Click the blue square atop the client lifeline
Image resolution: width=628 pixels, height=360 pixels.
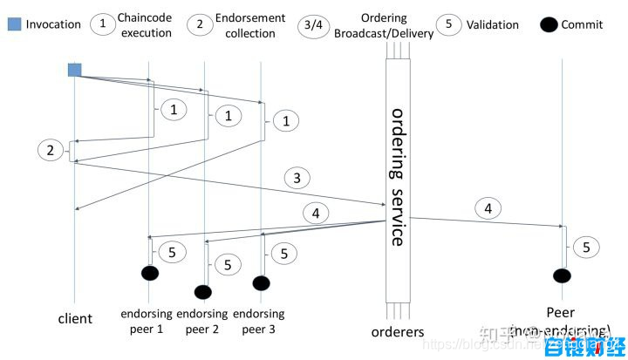point(75,70)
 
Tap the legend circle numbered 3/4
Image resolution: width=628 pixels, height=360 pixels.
point(310,24)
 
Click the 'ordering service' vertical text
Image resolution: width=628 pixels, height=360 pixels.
point(398,177)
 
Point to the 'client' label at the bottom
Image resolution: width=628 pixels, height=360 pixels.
point(75,318)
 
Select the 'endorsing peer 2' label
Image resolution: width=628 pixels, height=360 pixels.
point(202,321)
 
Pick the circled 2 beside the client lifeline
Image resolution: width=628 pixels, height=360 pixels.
point(51,151)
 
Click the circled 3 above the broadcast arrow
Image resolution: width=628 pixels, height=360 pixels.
point(297,179)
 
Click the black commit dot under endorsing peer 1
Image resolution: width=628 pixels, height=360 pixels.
point(150,273)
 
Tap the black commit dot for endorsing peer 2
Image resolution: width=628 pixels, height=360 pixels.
point(203,291)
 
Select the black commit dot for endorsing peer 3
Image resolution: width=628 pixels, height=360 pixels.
point(261,282)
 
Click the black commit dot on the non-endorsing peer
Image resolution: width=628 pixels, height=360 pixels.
point(563,275)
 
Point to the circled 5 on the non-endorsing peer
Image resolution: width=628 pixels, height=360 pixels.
point(586,247)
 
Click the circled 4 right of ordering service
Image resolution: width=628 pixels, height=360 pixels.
point(489,208)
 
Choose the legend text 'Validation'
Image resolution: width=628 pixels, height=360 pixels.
point(494,24)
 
